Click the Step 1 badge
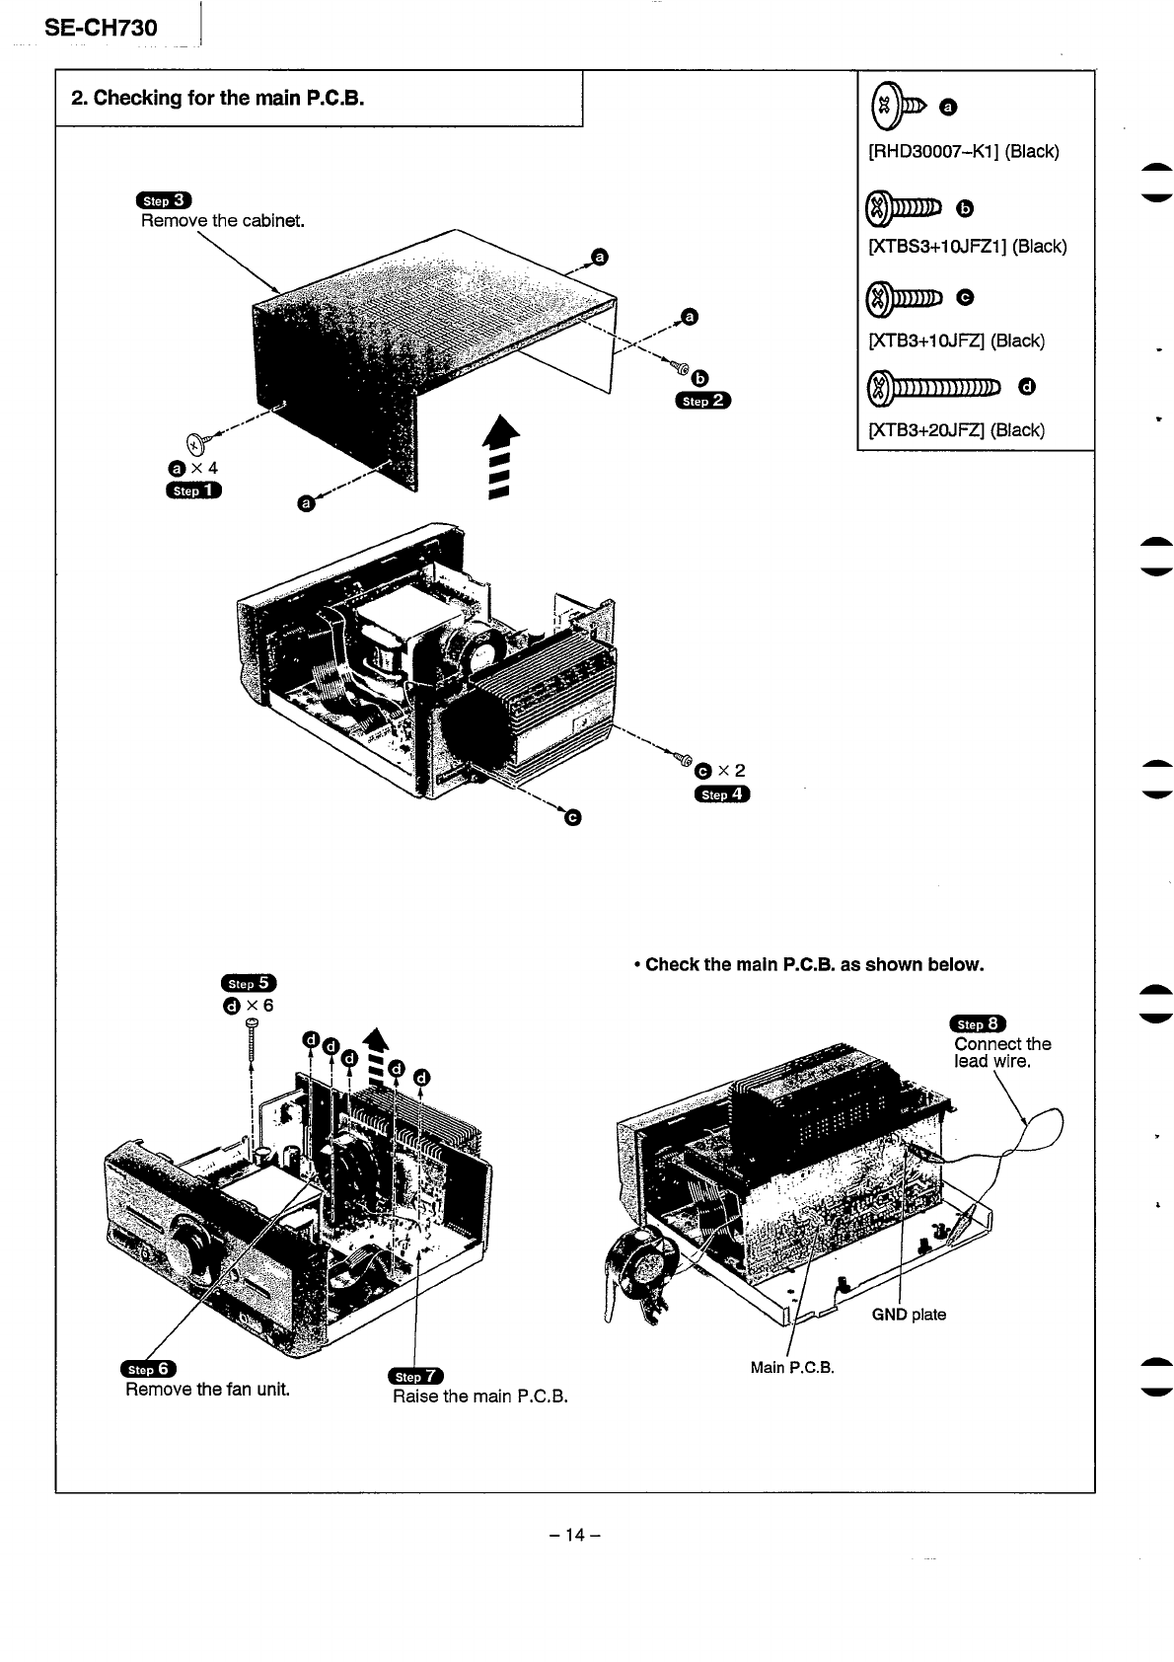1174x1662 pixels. [194, 490]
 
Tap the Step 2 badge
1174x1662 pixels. [703, 400]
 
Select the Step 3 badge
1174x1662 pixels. [165, 200]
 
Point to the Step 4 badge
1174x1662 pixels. [722, 793]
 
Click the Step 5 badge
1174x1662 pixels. [249, 983]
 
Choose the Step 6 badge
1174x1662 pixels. [148, 1368]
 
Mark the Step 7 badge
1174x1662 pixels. [417, 1376]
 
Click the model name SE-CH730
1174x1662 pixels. [101, 28]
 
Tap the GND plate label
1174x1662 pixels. [908, 1314]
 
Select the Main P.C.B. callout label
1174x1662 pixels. [792, 1367]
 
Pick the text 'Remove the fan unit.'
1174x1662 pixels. [207, 1390]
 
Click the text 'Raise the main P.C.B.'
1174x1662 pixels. [479, 1397]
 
